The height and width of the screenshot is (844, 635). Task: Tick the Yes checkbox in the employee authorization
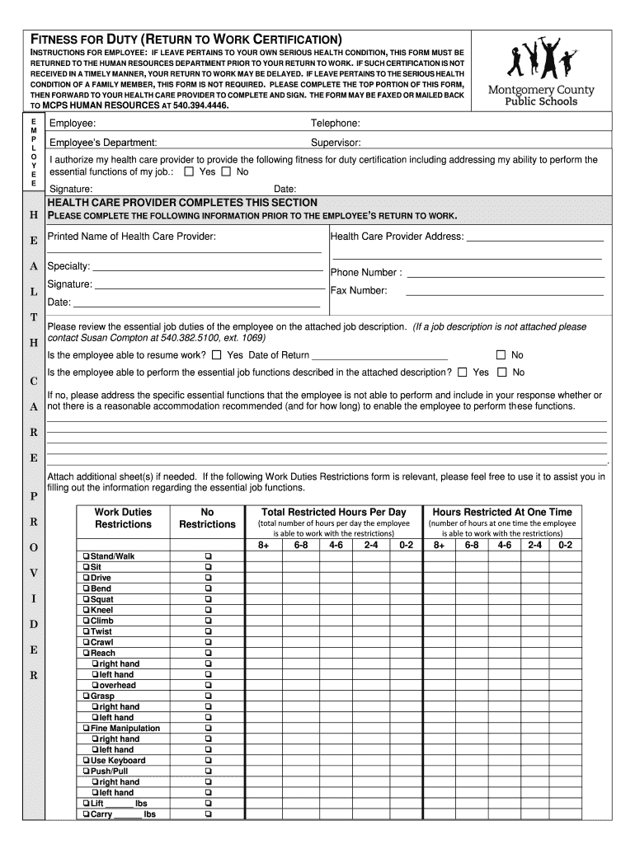click(x=189, y=172)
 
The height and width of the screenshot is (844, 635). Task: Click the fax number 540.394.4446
click(x=200, y=106)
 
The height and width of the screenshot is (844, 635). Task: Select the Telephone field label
click(x=335, y=124)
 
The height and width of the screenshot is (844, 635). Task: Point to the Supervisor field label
click(x=336, y=142)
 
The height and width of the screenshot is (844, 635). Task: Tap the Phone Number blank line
click(x=505, y=274)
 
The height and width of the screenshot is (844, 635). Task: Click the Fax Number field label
click(x=359, y=290)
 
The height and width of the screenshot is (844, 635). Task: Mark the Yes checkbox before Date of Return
click(x=217, y=355)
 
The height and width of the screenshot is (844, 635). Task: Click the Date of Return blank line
click(x=379, y=356)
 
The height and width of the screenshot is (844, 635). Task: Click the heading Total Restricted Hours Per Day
click(x=333, y=512)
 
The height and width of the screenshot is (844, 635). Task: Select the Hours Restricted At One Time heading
click(x=501, y=512)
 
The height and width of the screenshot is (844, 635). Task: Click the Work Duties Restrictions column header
click(x=123, y=518)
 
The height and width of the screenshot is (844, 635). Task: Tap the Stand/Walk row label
click(x=111, y=556)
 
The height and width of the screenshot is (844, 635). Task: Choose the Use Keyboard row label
click(x=117, y=760)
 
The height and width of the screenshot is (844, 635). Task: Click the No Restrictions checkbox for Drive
click(x=207, y=578)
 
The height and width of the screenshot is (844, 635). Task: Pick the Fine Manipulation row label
click(x=125, y=728)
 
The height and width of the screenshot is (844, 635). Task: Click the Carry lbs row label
click(x=123, y=814)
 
